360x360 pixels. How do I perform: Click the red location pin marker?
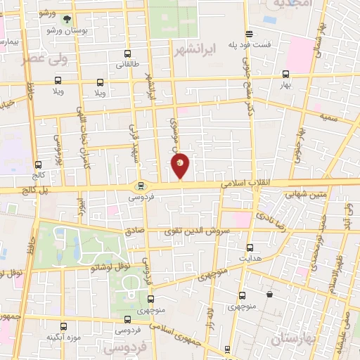(180, 165)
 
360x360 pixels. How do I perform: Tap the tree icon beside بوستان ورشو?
(67, 20)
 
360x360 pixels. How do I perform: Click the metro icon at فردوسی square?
(141, 186)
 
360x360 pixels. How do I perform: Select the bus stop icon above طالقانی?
(127, 53)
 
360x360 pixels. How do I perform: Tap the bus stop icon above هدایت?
(250, 247)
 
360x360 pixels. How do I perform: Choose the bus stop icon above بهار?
(285, 73)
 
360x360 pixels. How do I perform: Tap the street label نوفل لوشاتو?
(105, 268)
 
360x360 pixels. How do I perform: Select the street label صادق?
(134, 230)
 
